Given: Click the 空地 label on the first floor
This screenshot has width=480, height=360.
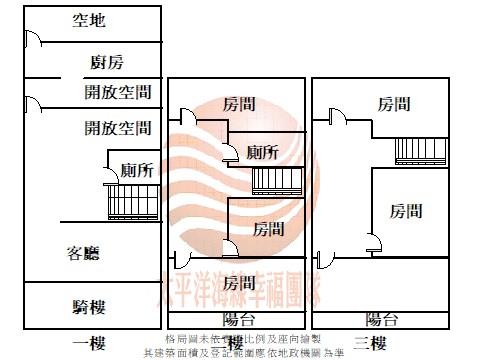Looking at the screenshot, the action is (x=89, y=20).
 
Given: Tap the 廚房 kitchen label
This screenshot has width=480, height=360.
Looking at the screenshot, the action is (x=106, y=63).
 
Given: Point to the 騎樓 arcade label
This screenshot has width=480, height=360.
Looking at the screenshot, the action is (x=89, y=307).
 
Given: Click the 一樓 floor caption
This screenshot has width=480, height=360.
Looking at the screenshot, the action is (x=89, y=344).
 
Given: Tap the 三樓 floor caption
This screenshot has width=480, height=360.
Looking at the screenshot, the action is (x=370, y=344).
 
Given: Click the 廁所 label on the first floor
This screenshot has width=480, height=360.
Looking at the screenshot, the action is (x=136, y=170).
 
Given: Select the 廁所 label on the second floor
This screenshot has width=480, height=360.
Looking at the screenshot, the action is (x=262, y=152).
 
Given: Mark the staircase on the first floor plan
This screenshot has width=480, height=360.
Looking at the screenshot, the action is (x=132, y=201).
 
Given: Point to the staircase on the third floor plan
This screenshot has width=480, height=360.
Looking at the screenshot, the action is (x=421, y=149).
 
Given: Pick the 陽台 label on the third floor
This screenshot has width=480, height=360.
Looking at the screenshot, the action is (x=382, y=319).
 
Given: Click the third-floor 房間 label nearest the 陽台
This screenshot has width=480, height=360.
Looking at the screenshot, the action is (x=405, y=211).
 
